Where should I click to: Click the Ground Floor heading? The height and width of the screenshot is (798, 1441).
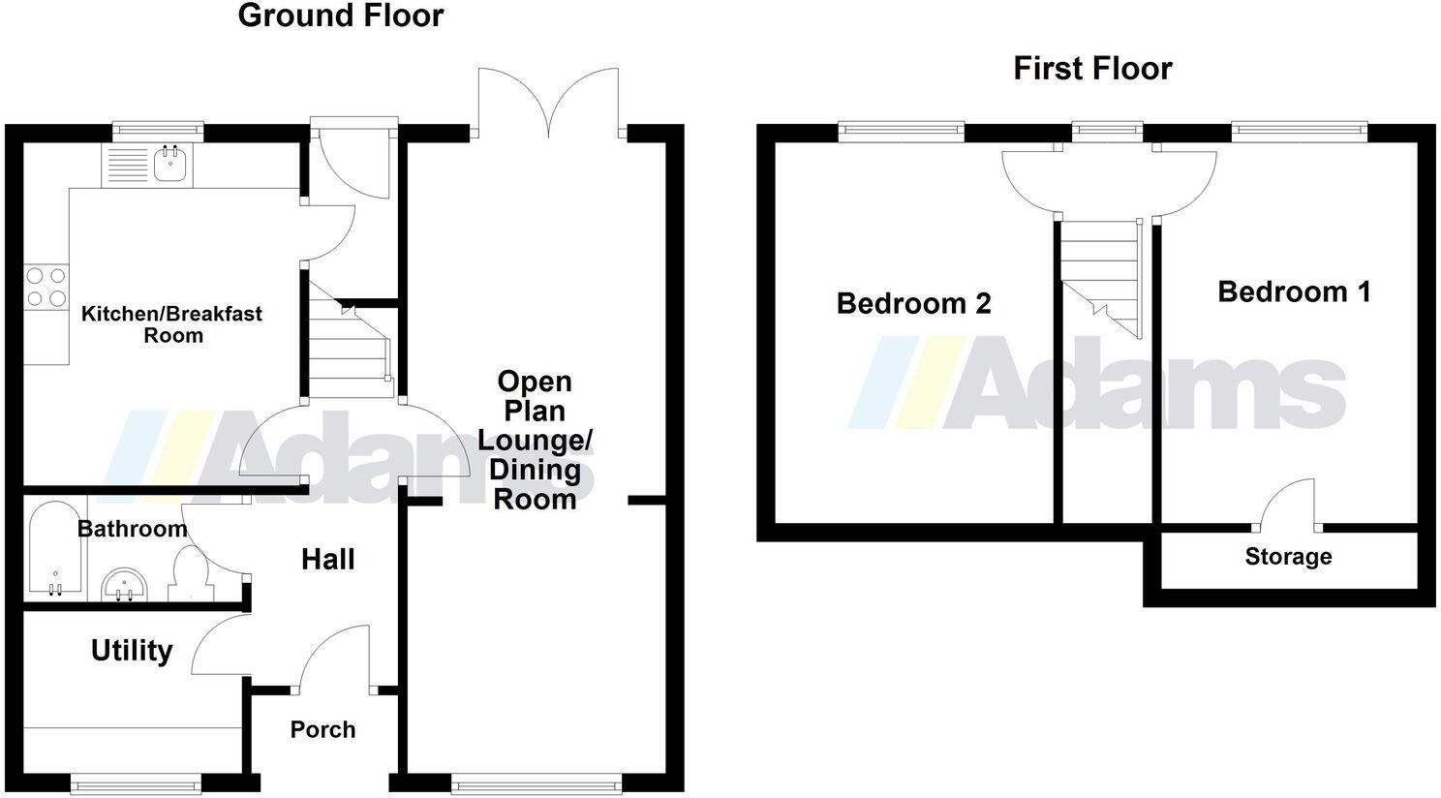[340, 16]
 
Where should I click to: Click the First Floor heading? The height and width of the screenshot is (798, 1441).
[1092, 69]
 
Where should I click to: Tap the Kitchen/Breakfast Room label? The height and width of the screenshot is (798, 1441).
[171, 324]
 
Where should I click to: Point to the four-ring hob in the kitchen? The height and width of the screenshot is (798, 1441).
[46, 287]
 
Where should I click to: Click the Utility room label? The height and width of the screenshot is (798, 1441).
[132, 651]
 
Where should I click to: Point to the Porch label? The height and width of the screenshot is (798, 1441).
[322, 730]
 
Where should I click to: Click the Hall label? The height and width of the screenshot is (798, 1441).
[327, 560]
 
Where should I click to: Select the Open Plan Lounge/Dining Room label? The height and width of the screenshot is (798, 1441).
[535, 441]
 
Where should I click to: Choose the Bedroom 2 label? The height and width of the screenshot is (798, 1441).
[913, 304]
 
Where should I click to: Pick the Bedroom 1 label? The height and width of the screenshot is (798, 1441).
[1294, 292]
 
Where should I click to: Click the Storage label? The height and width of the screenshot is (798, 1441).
[1288, 557]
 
